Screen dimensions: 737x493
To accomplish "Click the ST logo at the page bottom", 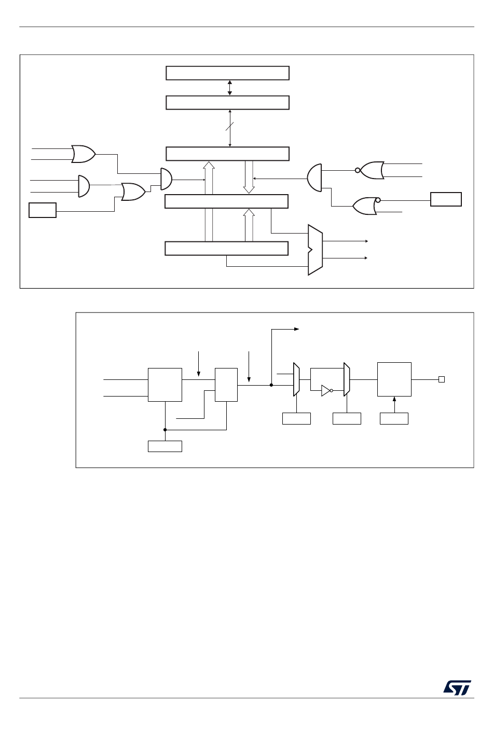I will coord(457,687).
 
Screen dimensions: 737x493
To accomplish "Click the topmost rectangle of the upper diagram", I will coord(227,73).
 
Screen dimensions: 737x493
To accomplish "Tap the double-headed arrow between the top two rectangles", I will coord(230,88).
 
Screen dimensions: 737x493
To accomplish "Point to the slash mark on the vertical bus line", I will coord(230,126).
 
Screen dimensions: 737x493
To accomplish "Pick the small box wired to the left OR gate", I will coord(43,211).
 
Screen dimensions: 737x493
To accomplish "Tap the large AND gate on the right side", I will coord(314,177).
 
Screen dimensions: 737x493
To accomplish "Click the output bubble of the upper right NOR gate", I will coord(358,170).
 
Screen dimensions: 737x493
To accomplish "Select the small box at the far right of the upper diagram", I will coord(446,199).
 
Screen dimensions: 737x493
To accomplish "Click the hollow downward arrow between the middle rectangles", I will coord(249,177).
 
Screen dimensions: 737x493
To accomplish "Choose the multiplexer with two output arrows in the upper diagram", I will coord(315,250).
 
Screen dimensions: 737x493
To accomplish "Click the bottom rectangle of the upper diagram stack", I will coord(226,249).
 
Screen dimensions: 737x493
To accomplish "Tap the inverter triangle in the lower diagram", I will coord(326,390).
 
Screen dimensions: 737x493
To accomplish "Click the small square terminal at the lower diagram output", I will coord(442,379).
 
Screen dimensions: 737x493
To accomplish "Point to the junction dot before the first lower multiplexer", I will coord(271,385).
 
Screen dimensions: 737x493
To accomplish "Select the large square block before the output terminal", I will coord(394,379).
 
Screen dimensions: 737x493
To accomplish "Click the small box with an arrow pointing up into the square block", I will coord(394,418).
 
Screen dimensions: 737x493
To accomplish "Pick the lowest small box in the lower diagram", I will coord(165,446).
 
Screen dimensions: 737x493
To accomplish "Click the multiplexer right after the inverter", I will coord(347,379).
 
